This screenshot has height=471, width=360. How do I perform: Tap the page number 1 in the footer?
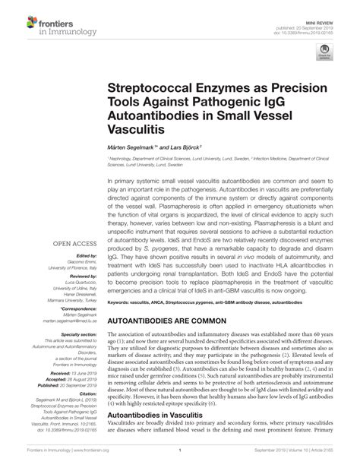click(179, 460)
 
